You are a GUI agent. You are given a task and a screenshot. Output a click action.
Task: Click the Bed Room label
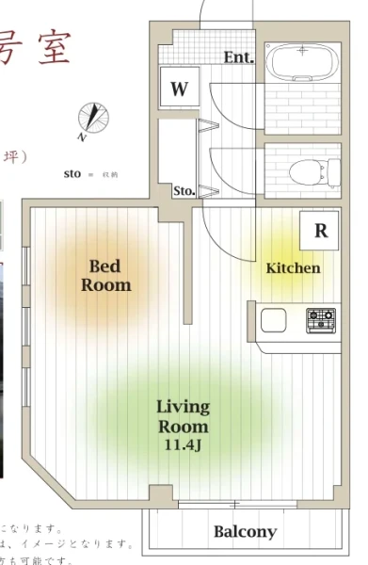tap(105, 275)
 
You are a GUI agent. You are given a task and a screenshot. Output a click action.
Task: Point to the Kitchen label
tap(293, 268)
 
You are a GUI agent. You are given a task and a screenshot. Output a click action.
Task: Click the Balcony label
tap(245, 531)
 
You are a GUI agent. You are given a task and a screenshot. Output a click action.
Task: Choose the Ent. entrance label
tap(239, 57)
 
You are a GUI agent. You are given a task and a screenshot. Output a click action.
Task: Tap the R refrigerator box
tap(320, 231)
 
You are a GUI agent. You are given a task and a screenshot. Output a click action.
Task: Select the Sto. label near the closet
tap(184, 191)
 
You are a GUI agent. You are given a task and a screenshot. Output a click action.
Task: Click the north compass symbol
tap(92, 120)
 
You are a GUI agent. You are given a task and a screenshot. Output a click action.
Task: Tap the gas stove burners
tap(321, 319)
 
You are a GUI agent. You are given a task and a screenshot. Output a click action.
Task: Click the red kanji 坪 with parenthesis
tap(17, 155)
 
